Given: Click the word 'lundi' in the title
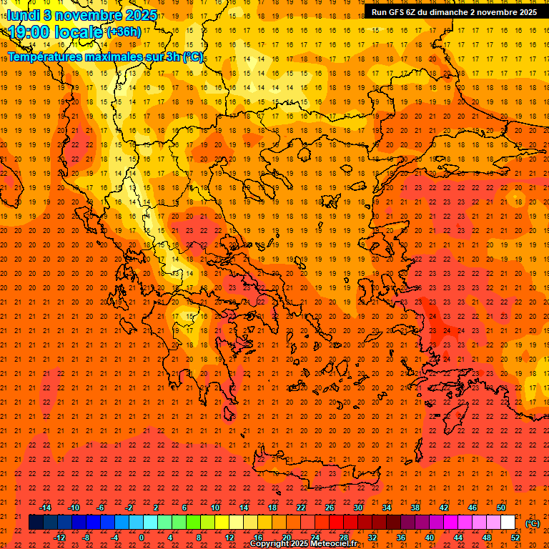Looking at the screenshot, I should [23, 15].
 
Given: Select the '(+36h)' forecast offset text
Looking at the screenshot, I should [123, 32].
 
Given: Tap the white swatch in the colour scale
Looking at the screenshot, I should [508, 523].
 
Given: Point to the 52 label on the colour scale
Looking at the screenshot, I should [515, 537].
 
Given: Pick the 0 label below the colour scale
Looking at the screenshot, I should [142, 537].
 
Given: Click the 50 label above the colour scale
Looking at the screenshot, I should [501, 508].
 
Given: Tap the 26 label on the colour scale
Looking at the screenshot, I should [330, 508].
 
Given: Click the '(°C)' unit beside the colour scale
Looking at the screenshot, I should [533, 523].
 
